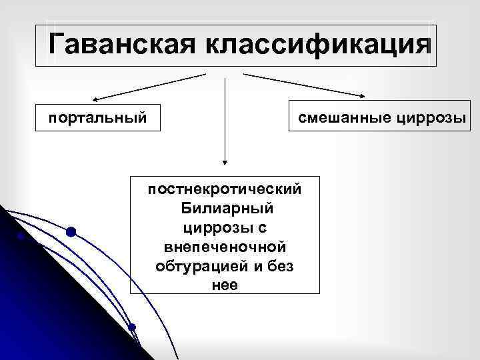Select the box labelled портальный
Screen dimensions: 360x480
click(97, 118)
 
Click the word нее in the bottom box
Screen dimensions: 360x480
click(225, 285)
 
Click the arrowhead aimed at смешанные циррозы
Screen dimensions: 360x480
click(363, 99)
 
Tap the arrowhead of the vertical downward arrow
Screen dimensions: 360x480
click(225, 162)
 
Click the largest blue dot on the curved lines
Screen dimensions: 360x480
click(71, 232)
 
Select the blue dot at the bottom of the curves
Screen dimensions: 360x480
click(132, 327)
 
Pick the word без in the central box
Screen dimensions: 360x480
click(283, 266)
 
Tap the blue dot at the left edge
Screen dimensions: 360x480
click(21, 236)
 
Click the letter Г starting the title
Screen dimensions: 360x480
click(57, 45)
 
